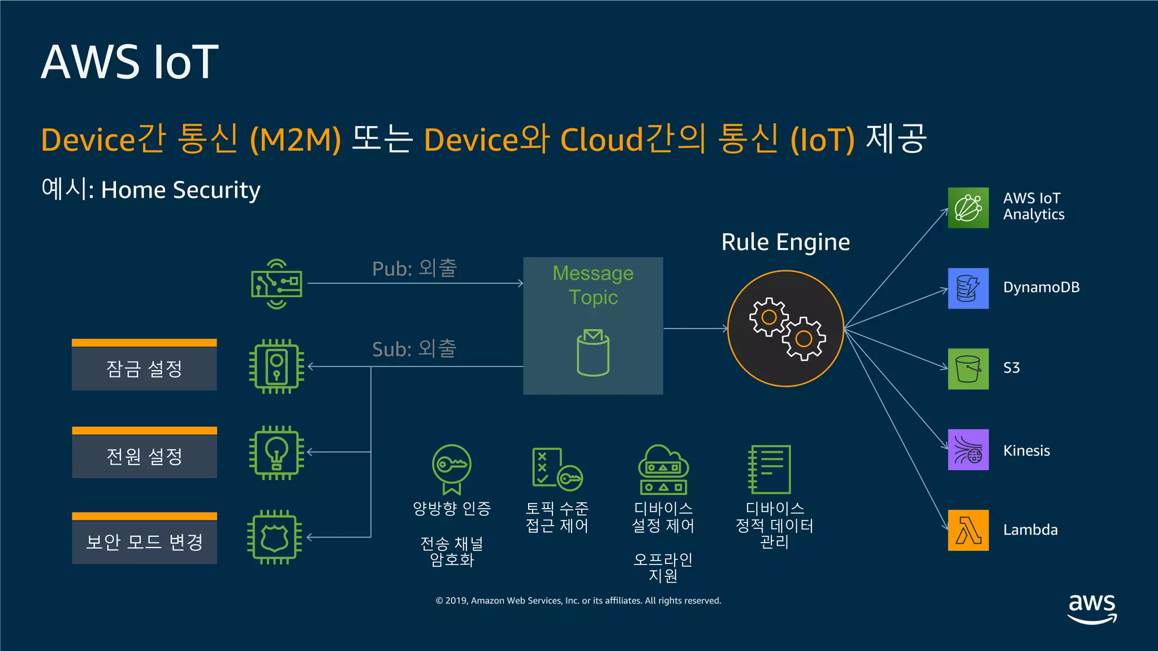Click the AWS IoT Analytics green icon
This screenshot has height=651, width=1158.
[968, 208]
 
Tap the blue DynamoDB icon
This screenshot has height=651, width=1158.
[968, 288]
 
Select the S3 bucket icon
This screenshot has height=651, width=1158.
[968, 368]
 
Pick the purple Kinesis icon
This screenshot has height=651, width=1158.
[968, 450]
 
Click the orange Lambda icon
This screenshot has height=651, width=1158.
[968, 530]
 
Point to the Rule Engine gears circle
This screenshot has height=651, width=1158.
[785, 328]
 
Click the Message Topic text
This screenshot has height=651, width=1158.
[593, 285]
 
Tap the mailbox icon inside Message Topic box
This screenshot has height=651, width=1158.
[593, 353]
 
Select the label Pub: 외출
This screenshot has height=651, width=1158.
[414, 268]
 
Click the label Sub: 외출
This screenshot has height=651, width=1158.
[414, 349]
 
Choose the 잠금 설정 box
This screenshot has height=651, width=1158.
[144, 368]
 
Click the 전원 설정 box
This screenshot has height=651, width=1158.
[144, 456]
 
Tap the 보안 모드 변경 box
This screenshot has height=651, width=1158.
[144, 542]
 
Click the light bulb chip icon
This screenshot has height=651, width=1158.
[276, 453]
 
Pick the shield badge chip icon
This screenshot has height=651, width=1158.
[275, 537]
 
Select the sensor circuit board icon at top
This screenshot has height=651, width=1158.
[276, 284]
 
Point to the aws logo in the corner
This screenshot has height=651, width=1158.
[1091, 608]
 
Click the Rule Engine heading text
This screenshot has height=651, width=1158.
[785, 242]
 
